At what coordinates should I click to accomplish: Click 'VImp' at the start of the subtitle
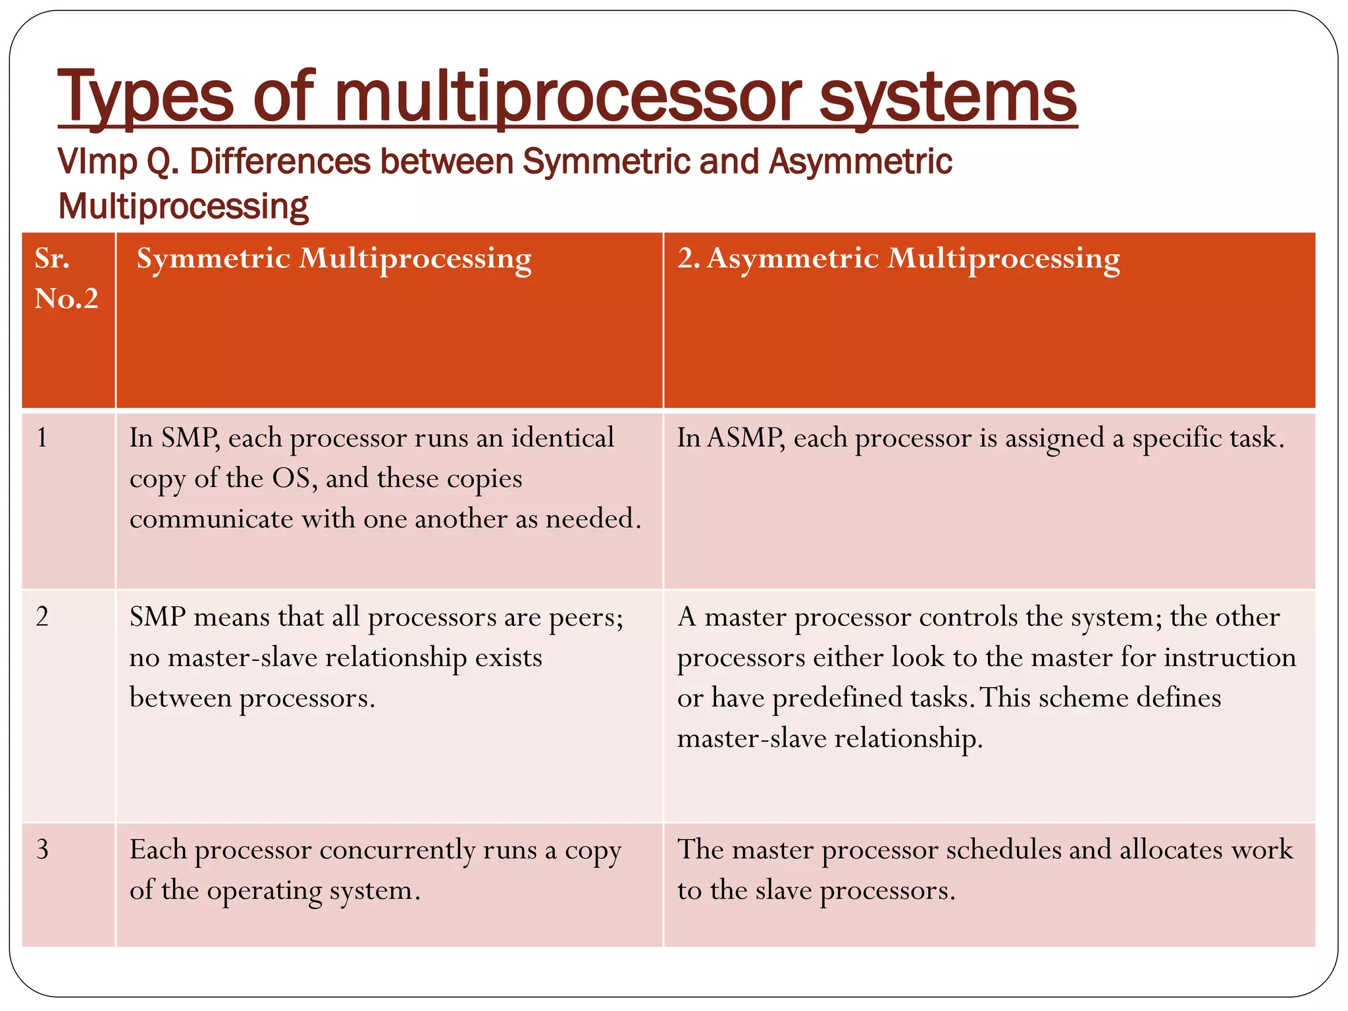(x=97, y=162)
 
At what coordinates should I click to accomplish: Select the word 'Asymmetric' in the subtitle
(x=860, y=162)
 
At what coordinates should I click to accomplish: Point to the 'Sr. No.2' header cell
(x=66, y=278)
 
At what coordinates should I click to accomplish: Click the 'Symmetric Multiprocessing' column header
(x=334, y=259)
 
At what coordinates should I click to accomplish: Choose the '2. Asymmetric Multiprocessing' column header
(x=898, y=259)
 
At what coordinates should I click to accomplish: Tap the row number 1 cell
(x=42, y=438)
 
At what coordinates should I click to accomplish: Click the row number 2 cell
(x=42, y=617)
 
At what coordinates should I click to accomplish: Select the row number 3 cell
(x=42, y=849)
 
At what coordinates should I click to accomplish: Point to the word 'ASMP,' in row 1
(x=746, y=438)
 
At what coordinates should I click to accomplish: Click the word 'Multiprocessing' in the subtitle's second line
(x=183, y=207)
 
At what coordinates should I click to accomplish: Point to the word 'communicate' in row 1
(x=211, y=519)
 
